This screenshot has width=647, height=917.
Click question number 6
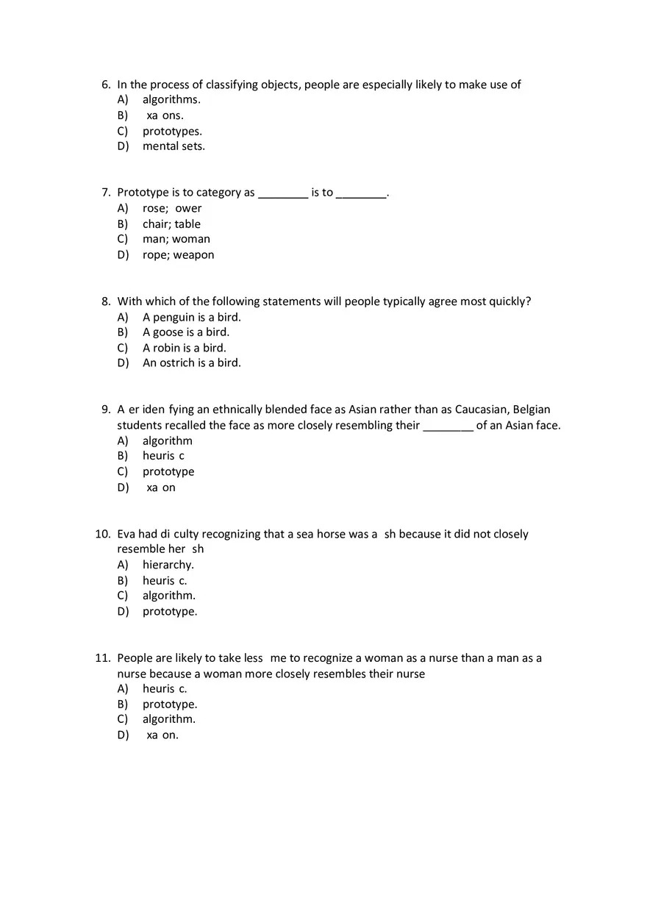106,85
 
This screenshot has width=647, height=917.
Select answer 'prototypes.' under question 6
172,131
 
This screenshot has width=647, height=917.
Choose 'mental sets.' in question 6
174,146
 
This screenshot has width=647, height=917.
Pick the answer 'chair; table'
171,224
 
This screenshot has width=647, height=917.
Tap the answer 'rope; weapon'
179,255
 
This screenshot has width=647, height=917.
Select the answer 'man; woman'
176,239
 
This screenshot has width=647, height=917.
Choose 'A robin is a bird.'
185,348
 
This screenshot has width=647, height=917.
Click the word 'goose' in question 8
168,332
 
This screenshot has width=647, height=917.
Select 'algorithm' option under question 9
168,440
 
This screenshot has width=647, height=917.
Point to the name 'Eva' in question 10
126,534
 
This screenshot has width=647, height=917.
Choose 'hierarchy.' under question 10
168,565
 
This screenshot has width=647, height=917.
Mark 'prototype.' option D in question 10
170,611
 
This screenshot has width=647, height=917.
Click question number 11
102,658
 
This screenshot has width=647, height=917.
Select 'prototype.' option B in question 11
170,704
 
